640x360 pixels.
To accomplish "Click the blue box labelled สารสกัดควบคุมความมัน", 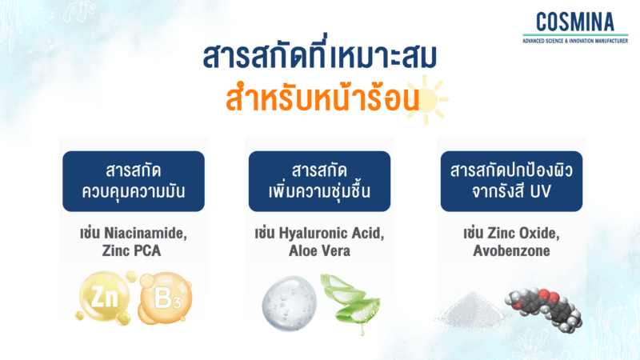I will (134, 181).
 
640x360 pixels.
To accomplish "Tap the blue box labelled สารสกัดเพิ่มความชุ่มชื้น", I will (319, 181).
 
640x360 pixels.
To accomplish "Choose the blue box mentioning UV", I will (506, 181).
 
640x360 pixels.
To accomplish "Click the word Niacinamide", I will (146, 234).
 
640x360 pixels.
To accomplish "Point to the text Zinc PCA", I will (133, 251).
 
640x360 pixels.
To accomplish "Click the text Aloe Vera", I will (319, 251).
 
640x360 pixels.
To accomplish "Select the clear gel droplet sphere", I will (288, 303).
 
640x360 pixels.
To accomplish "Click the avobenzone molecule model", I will (543, 308).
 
